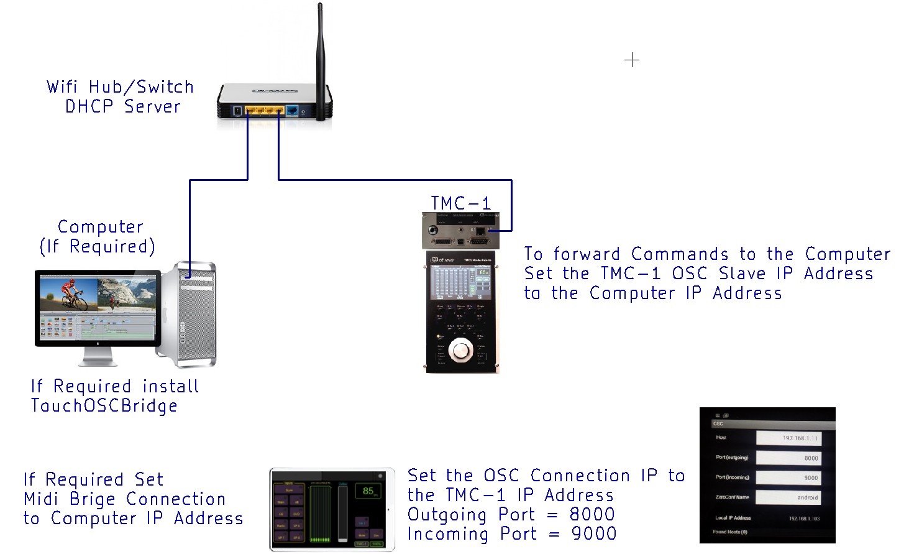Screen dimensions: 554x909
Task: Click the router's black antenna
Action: (320, 62)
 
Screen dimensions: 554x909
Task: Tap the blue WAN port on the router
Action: (291, 111)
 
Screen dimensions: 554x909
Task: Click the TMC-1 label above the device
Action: (460, 203)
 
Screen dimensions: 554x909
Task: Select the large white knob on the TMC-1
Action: (460, 350)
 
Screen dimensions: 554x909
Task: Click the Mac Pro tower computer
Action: (196, 315)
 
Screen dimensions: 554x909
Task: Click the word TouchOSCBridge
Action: (104, 406)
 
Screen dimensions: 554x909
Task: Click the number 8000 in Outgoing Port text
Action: (592, 514)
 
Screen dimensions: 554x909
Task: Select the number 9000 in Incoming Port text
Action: (593, 533)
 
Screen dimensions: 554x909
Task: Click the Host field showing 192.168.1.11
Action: (788, 438)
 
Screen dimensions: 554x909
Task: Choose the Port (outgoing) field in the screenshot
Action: (788, 458)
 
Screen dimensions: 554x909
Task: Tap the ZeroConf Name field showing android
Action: (788, 497)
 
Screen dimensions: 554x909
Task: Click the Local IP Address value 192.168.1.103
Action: (804, 518)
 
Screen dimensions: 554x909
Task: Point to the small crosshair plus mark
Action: (632, 60)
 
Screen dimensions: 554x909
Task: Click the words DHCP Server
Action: (123, 106)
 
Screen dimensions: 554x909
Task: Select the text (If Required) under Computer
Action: (97, 247)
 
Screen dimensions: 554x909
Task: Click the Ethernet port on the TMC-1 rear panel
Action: (480, 231)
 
